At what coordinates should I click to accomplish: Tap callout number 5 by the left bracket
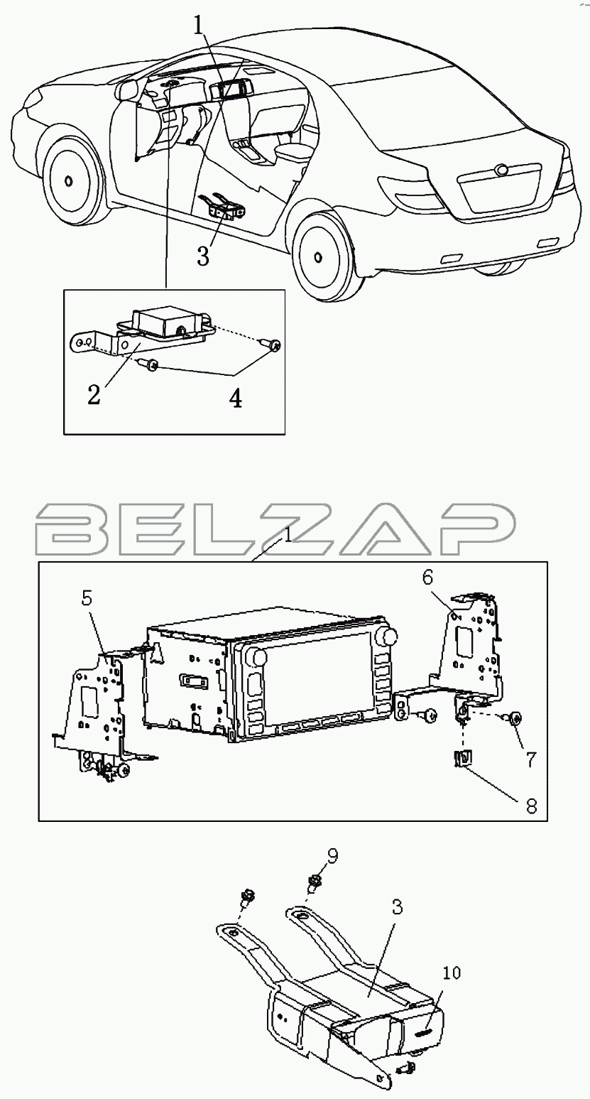(x=87, y=599)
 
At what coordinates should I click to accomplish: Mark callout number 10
(x=452, y=973)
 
